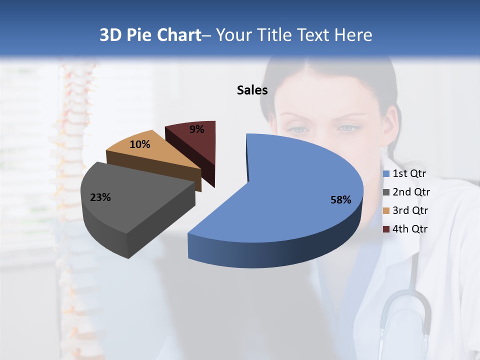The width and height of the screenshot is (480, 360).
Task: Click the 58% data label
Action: [x=340, y=200]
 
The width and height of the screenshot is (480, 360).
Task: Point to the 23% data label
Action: [x=100, y=197]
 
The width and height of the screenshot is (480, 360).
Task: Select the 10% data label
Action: [x=139, y=144]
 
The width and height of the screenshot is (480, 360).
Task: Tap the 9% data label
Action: [x=196, y=129]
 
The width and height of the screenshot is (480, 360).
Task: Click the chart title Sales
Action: [x=252, y=90]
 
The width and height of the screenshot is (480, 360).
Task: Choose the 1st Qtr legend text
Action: [x=409, y=173]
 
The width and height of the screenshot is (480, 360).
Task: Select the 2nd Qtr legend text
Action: [x=411, y=192]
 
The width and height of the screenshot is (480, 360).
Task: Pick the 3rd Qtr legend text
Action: [x=410, y=210]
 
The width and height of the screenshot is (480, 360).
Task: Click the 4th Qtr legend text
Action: [x=410, y=229]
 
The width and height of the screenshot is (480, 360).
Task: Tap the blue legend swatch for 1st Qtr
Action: [x=386, y=174]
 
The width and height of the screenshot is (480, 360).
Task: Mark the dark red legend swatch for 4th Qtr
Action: [x=386, y=229]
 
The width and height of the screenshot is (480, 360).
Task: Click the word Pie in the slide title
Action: [x=139, y=35]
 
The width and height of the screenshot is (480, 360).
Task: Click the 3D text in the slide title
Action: [x=110, y=35]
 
